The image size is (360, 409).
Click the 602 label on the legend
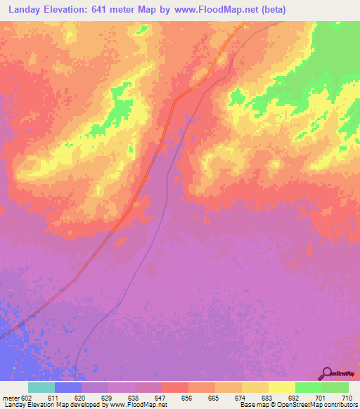[27, 398]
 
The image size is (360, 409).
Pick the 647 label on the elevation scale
[161, 398]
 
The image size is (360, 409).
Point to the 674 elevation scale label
[241, 398]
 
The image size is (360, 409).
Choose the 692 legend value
[295, 398]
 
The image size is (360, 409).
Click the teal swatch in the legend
[41, 387]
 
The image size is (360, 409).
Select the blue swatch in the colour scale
[67, 387]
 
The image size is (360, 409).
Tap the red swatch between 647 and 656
[174, 387]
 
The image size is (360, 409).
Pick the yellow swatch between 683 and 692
[281, 387]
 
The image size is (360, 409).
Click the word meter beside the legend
[11, 398]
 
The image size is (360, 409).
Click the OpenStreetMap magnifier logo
[326, 373]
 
